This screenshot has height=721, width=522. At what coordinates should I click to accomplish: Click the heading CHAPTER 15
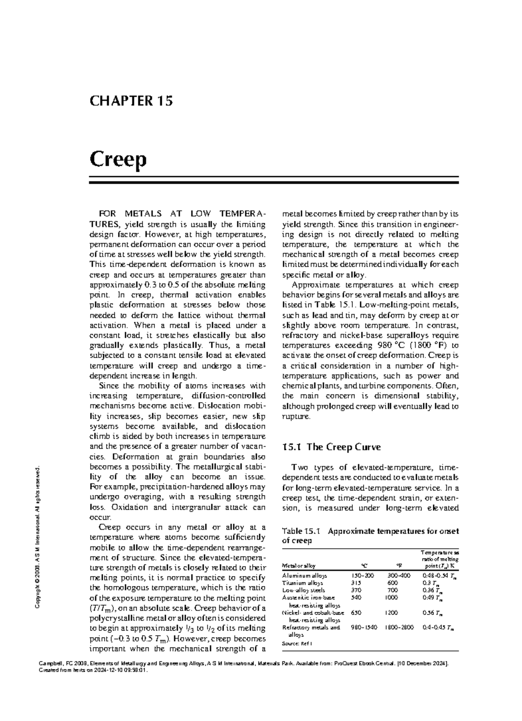[x=131, y=101]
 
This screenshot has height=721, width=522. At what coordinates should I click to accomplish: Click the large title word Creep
[x=118, y=160]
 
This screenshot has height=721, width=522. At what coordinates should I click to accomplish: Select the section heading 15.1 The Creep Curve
[x=331, y=447]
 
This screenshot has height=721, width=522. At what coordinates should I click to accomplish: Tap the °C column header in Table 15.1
[x=364, y=566]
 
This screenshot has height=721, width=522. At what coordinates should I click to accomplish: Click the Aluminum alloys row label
[x=304, y=575]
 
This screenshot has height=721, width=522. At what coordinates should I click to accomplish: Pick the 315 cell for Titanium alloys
[x=356, y=583]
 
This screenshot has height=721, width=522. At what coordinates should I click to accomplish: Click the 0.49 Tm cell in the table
[x=432, y=598]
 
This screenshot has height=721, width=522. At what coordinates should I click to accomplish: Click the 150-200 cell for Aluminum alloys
[x=362, y=575]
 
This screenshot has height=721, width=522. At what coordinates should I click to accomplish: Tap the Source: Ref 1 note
[x=298, y=643]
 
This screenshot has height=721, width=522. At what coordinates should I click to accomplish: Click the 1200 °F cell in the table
[x=391, y=613]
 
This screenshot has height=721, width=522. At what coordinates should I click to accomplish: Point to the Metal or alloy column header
[x=299, y=566]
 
